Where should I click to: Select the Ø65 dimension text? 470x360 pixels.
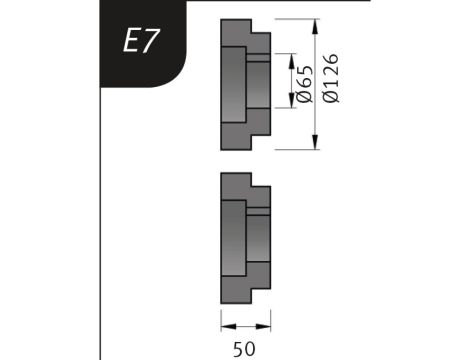305,83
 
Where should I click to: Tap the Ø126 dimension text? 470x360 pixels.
331,78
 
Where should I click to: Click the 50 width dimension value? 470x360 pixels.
244,349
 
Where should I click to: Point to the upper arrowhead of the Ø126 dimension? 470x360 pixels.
315,27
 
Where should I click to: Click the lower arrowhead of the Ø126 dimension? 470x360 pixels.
315,142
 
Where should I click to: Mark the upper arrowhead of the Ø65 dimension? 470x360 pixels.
292,61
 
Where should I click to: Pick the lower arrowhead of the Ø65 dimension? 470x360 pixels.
292,100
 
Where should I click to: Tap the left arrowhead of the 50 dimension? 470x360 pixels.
228,327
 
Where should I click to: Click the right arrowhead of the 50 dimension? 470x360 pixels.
263,327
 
